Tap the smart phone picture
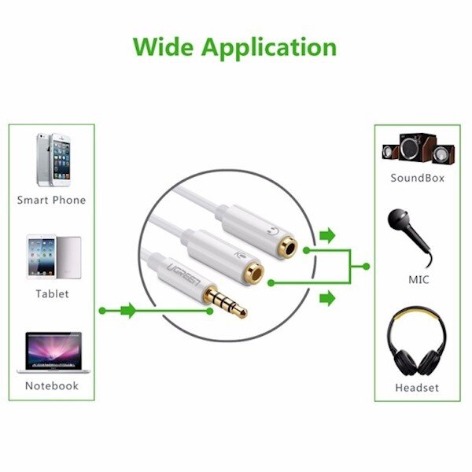[x=51, y=159]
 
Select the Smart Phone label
[x=52, y=200]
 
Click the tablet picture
[x=53, y=256]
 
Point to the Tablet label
[x=52, y=293]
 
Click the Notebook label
[x=52, y=385]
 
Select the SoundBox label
[x=418, y=178]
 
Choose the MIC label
[x=418, y=279]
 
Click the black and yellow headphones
[x=416, y=341]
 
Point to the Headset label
[x=418, y=387]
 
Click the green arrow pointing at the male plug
[x=128, y=311]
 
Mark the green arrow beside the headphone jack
[x=328, y=235]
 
